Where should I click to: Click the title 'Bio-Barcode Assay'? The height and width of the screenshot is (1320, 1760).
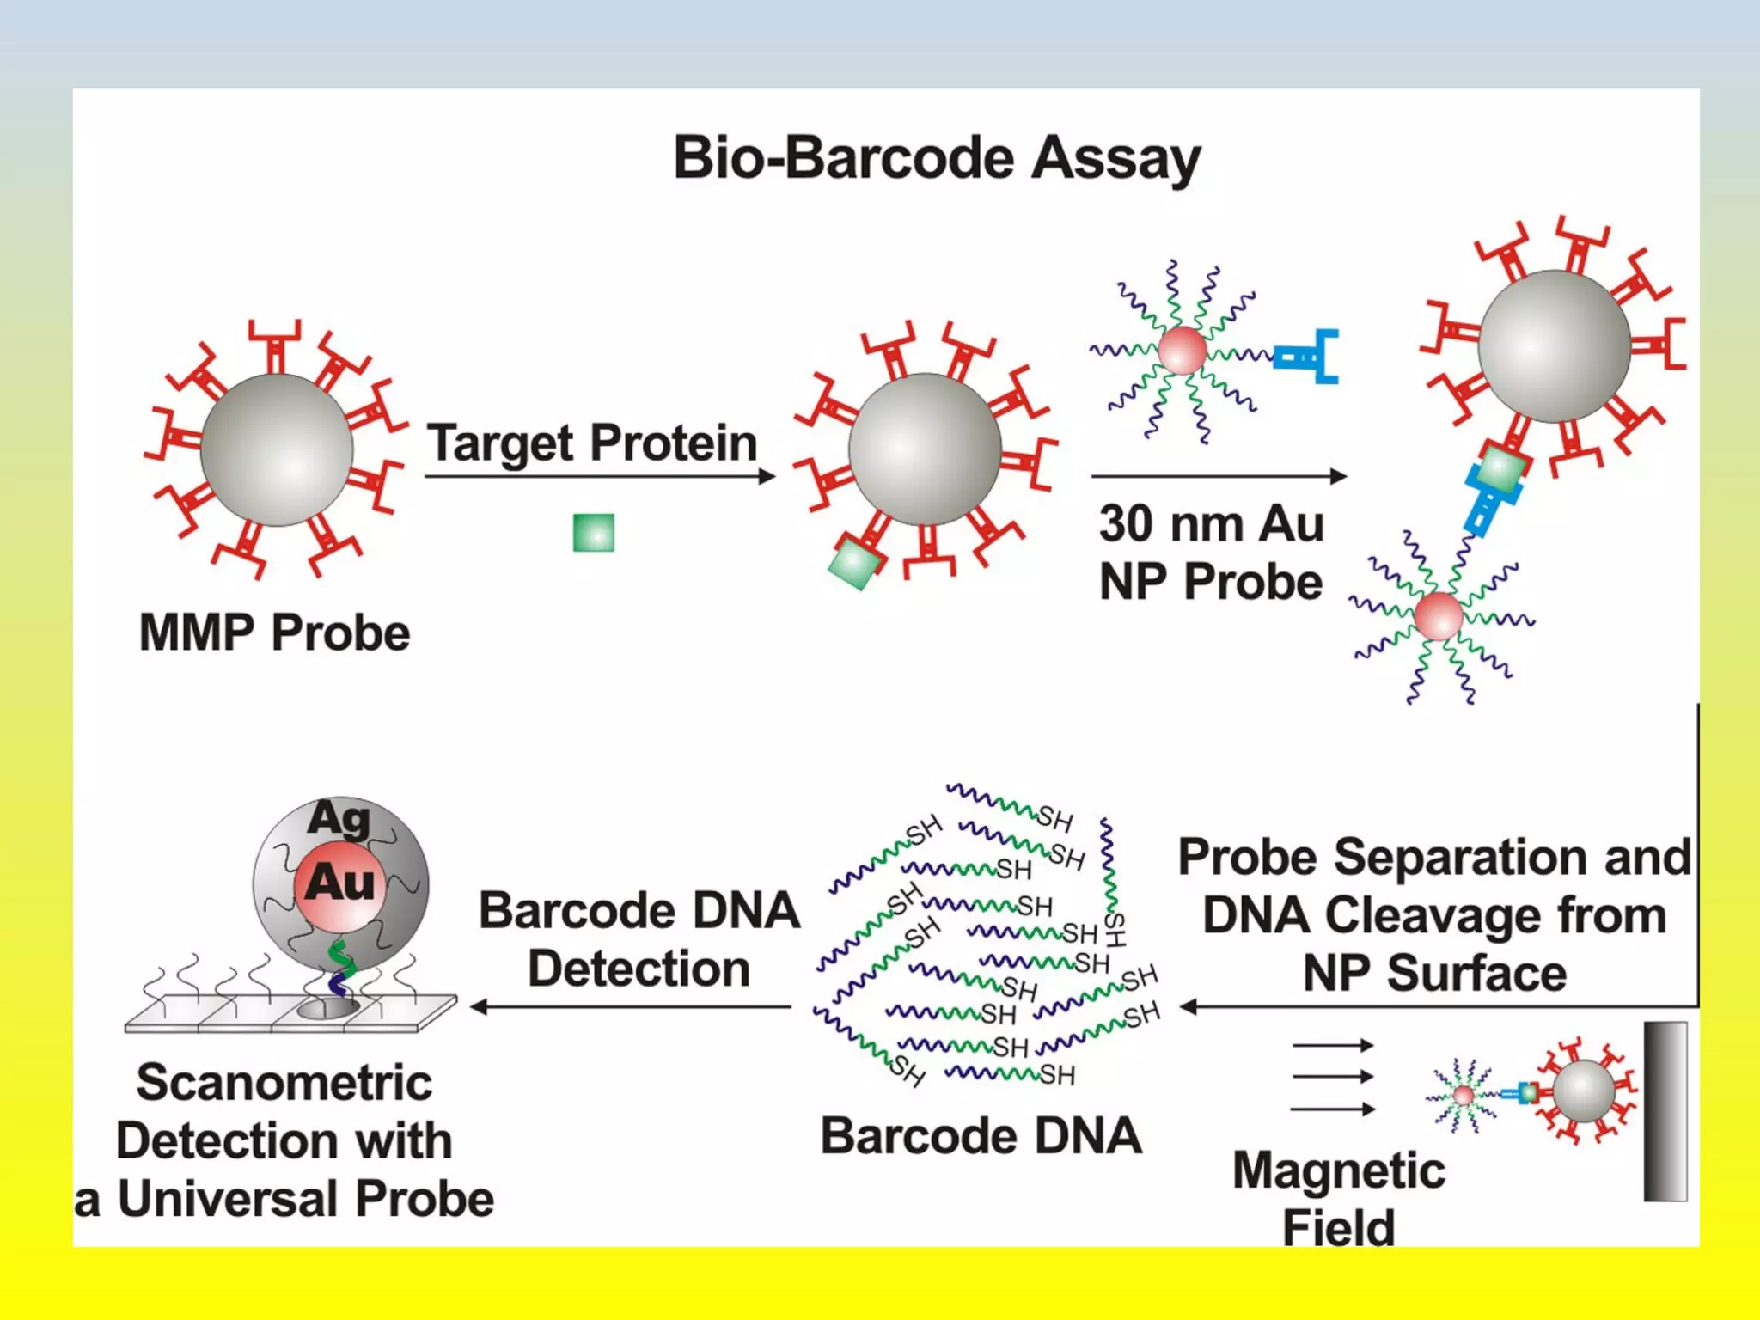(x=936, y=158)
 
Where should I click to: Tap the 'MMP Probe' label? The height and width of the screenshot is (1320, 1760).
(x=274, y=633)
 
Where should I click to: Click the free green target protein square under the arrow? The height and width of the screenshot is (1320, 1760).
(x=594, y=533)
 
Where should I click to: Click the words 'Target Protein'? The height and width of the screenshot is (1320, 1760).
(x=592, y=443)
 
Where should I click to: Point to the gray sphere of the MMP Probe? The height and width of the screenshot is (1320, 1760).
(x=277, y=449)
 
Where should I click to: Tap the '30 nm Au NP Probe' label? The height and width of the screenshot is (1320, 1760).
(x=1211, y=553)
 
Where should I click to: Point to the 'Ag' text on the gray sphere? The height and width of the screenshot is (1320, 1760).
(x=339, y=818)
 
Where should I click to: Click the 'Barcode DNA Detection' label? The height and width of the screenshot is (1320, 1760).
(x=639, y=939)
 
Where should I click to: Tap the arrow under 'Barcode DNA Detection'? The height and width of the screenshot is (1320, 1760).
(x=631, y=1006)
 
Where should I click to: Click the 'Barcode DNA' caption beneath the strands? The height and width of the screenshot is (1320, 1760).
(x=981, y=1136)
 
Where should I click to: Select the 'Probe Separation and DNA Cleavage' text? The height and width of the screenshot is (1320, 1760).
(x=1433, y=915)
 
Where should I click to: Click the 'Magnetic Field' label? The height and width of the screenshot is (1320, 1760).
(x=1338, y=1198)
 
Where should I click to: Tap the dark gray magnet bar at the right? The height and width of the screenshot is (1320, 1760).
(x=1665, y=1110)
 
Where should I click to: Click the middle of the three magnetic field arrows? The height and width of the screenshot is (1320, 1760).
(x=1332, y=1077)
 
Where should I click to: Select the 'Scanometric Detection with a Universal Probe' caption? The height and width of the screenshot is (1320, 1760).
(x=284, y=1140)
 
